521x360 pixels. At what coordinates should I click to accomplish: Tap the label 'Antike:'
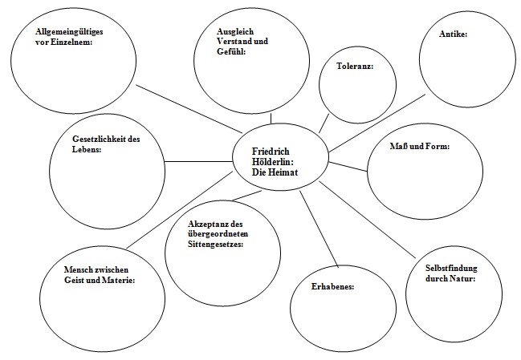point(454,34)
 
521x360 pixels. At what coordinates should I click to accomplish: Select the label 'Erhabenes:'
point(332,285)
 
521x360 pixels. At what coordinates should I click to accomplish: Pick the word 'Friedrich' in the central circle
point(271,151)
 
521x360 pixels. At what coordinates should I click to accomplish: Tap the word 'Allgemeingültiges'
point(70,32)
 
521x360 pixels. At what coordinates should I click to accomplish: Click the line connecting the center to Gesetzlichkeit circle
point(197,162)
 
